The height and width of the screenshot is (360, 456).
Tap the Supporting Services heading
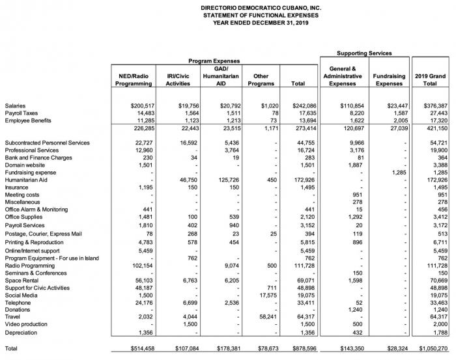pos(364,52)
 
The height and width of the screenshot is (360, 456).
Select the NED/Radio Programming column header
pos(133,80)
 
